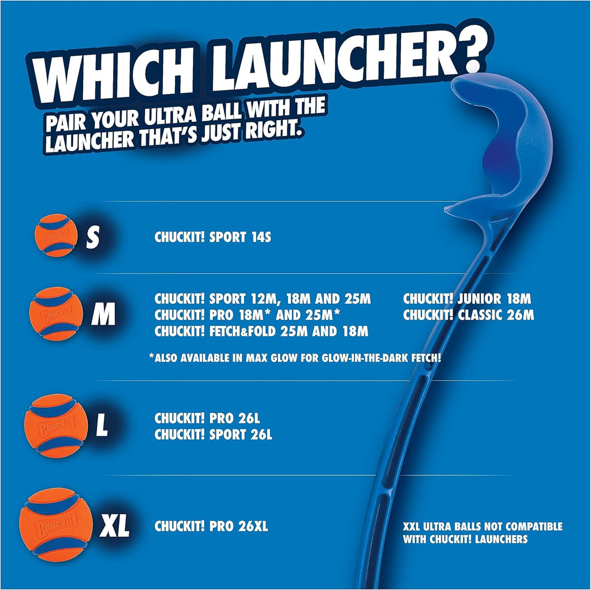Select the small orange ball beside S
point(56,235)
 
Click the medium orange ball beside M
point(57,314)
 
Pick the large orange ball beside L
point(55,426)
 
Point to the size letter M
point(103,315)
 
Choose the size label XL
point(114,527)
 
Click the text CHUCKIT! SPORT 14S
point(212,237)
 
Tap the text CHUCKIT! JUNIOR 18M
point(466,299)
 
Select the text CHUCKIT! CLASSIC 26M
point(468,315)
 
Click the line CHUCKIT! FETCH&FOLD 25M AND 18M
point(261,332)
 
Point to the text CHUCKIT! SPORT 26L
point(213,435)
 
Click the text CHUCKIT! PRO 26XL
point(211,527)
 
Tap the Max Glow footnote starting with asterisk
point(295,358)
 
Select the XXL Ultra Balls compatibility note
point(482,533)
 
